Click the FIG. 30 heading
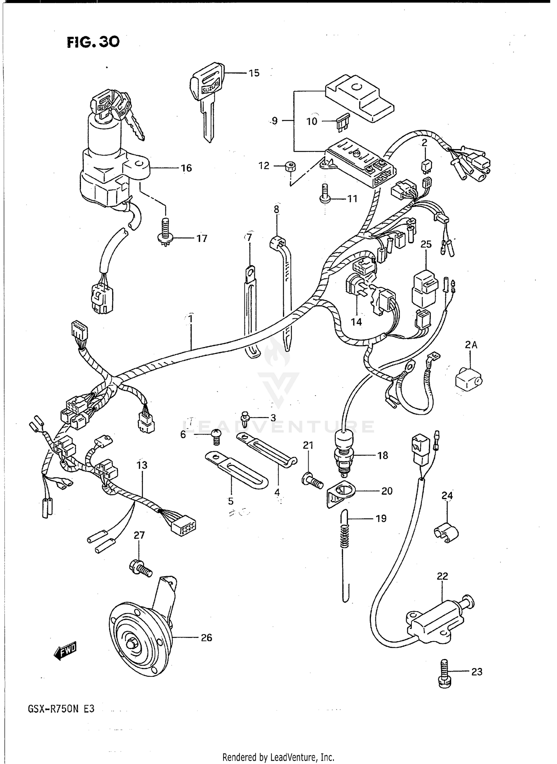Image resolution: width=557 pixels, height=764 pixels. (93, 42)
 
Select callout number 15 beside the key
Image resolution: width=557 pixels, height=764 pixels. (254, 73)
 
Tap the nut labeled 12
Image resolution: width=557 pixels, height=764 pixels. (290, 167)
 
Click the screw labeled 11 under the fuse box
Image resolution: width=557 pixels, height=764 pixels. (325, 194)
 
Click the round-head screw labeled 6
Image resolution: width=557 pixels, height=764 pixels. (216, 436)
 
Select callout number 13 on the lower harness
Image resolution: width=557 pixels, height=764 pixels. (142, 465)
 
